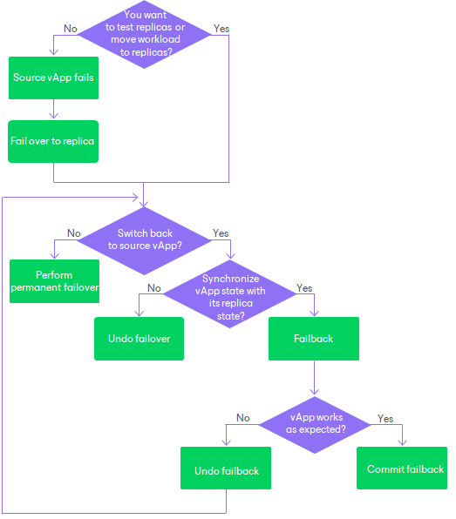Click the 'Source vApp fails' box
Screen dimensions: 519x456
[x=53, y=78]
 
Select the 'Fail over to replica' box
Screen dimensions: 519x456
[x=53, y=140]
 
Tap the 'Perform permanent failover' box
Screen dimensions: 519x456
[x=55, y=281]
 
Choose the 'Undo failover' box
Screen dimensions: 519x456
[x=139, y=338]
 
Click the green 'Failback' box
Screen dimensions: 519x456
[x=314, y=338]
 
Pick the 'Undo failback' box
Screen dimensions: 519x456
[x=226, y=470]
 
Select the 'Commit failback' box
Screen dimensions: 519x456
[x=402, y=468]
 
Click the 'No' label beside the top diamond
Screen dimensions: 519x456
[x=71, y=29]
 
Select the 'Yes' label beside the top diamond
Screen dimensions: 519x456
[x=221, y=29]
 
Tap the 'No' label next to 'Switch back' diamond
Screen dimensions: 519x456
[x=74, y=233]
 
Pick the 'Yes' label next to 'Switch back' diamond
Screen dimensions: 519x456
[x=221, y=233]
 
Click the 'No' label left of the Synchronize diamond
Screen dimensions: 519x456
[x=154, y=287]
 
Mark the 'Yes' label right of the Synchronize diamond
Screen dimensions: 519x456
[x=304, y=287]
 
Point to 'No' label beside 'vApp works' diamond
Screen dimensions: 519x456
[x=243, y=418]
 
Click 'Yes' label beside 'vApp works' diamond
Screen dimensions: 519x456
[x=385, y=418]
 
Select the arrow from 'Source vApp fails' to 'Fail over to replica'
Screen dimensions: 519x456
[x=53, y=109]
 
